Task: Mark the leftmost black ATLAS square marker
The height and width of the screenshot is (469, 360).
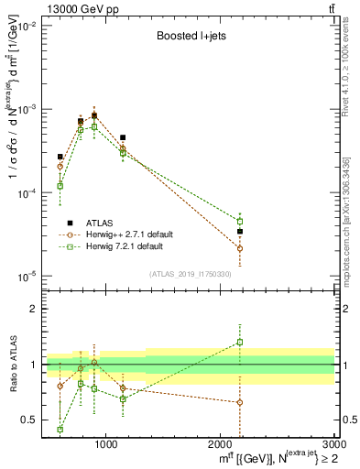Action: [60, 157]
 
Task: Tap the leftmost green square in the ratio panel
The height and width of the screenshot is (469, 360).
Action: [60, 429]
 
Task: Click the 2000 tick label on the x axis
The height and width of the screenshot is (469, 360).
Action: [220, 446]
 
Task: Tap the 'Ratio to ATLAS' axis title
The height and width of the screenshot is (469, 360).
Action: [11, 365]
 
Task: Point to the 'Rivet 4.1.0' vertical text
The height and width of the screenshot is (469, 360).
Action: [351, 55]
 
